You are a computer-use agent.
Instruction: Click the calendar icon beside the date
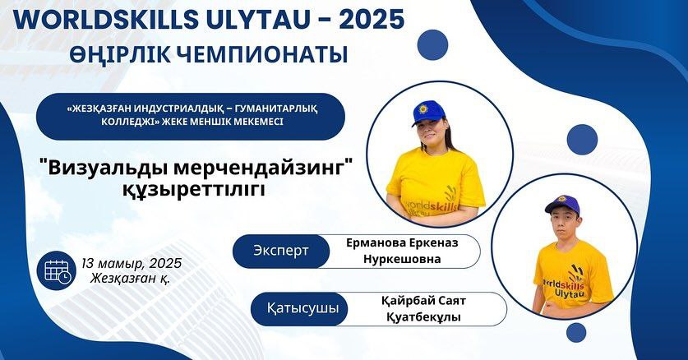(x=57, y=270)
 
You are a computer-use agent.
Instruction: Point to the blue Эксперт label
(x=281, y=251)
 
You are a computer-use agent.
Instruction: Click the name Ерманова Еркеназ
(x=402, y=243)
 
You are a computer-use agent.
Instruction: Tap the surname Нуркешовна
(x=402, y=259)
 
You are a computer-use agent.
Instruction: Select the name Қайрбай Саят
(x=423, y=302)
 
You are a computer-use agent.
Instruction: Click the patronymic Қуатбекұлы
(x=423, y=317)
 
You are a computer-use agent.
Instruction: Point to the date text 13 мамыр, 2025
(x=132, y=264)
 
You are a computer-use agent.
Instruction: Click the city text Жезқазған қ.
(x=131, y=279)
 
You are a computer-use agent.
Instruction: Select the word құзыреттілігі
(x=194, y=189)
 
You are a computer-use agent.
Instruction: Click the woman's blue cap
(x=428, y=113)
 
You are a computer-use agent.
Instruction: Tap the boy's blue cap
(x=562, y=205)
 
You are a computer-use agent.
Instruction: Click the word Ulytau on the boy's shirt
(x=569, y=293)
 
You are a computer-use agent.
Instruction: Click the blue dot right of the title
(x=432, y=44)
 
